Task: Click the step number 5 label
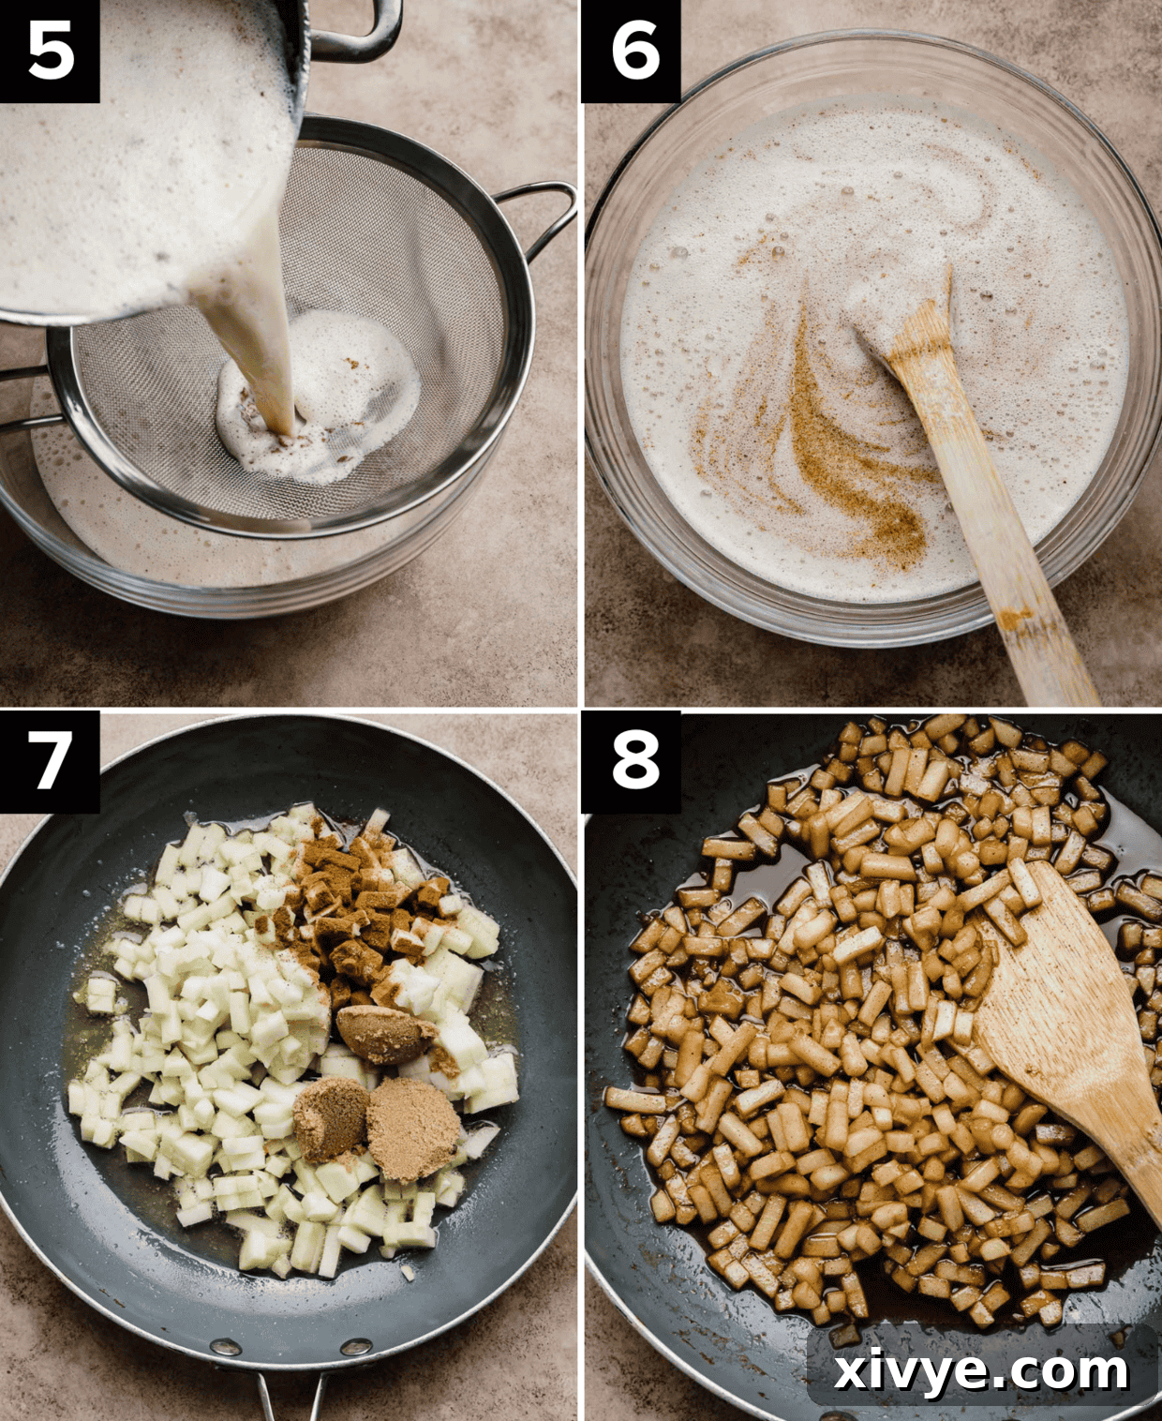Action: click(x=50, y=51)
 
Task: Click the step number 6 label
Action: click(x=631, y=51)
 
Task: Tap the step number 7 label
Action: click(x=50, y=760)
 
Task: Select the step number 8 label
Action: click(x=631, y=760)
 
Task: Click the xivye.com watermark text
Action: click(x=981, y=1369)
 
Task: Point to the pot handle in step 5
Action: click(x=361, y=33)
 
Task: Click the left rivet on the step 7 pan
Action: click(x=225, y=1348)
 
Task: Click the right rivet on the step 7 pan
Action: click(x=356, y=1348)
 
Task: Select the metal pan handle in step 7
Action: click(x=290, y=1397)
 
